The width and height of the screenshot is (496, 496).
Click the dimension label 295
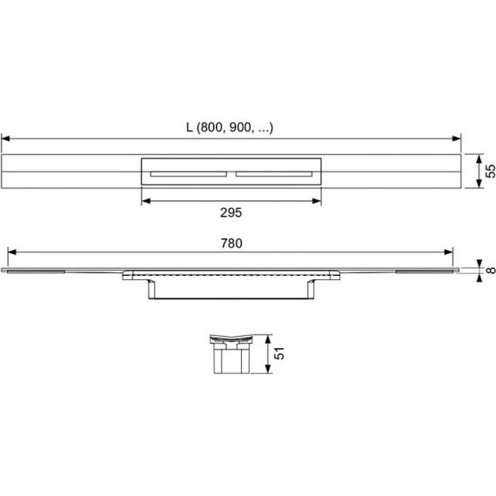(231, 212)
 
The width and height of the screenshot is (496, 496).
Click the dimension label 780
(231, 244)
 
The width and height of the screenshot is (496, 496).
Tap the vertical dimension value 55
(490, 171)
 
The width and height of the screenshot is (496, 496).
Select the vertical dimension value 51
(279, 353)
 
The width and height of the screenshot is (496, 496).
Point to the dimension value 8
(491, 270)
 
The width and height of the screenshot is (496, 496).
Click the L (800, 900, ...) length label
(230, 127)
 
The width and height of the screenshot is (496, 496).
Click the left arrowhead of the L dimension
(6, 138)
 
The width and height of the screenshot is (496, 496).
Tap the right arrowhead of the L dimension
(457, 138)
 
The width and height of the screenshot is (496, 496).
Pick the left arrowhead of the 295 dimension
(146, 201)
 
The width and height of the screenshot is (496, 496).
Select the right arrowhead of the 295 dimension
(317, 201)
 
